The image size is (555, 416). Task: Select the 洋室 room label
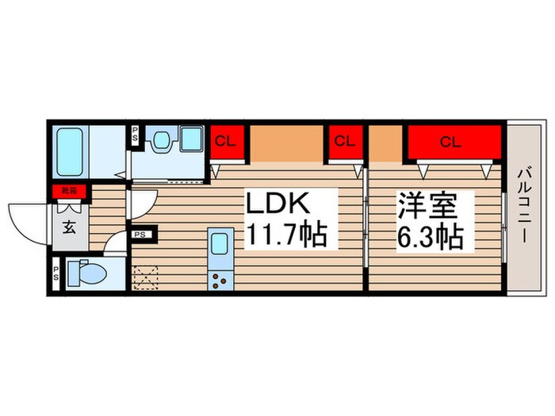tap(428, 206)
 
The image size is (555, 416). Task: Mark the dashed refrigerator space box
tap(147, 278)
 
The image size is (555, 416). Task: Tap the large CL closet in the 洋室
tap(450, 142)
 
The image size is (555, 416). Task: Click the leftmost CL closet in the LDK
tap(226, 142)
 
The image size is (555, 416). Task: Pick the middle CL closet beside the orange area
tap(343, 142)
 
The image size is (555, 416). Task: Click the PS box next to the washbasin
tap(135, 134)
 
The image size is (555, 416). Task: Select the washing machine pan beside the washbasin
tap(191, 141)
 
